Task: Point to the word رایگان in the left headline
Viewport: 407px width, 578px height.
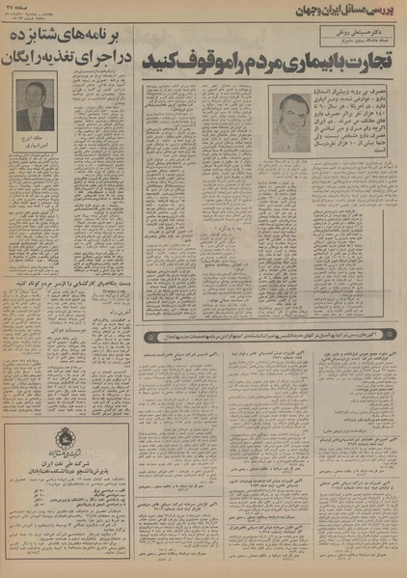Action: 27,56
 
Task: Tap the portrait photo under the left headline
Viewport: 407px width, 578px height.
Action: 36,105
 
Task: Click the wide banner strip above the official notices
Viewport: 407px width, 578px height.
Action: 274,336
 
